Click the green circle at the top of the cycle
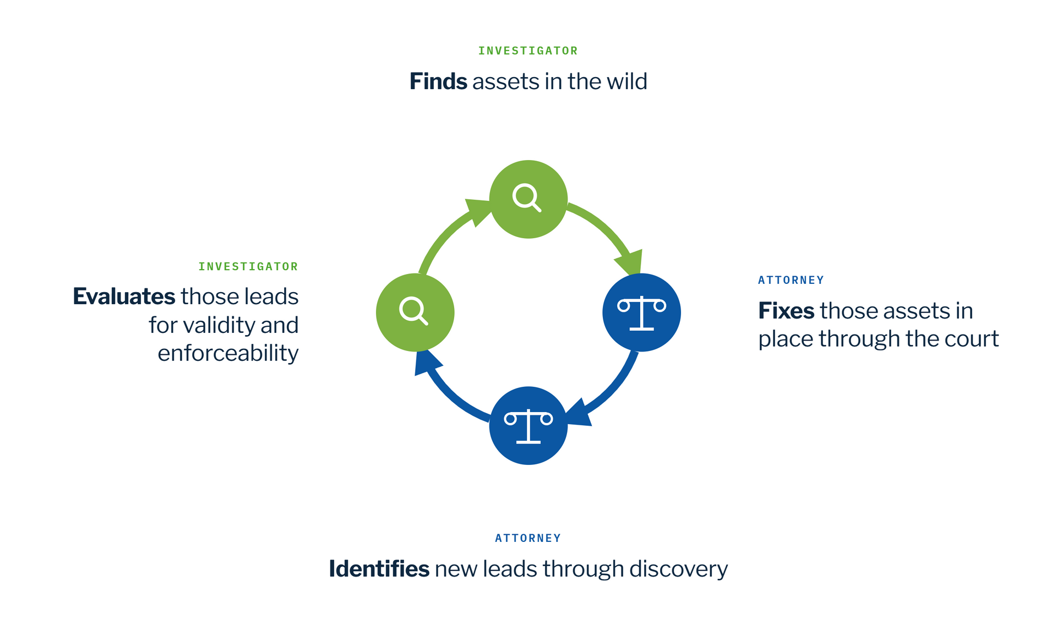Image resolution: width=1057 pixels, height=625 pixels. tap(528, 199)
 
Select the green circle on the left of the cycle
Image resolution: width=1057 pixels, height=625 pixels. tap(415, 312)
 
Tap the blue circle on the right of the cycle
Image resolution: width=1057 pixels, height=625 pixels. tap(642, 312)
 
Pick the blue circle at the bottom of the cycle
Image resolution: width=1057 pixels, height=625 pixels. tap(528, 426)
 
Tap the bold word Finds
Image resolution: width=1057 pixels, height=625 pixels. tap(438, 81)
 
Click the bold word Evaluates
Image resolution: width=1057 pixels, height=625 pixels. tap(124, 297)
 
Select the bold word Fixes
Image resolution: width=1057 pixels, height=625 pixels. tap(786, 311)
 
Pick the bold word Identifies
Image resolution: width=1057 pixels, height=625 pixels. tap(379, 569)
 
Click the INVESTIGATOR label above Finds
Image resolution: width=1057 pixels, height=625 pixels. tap(528, 51)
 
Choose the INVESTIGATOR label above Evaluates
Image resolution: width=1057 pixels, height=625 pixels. tap(248, 267)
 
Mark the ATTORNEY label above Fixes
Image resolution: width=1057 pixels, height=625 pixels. tap(791, 280)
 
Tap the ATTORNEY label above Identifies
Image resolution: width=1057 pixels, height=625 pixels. tap(528, 538)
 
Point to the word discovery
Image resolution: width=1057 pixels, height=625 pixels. tap(679, 569)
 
